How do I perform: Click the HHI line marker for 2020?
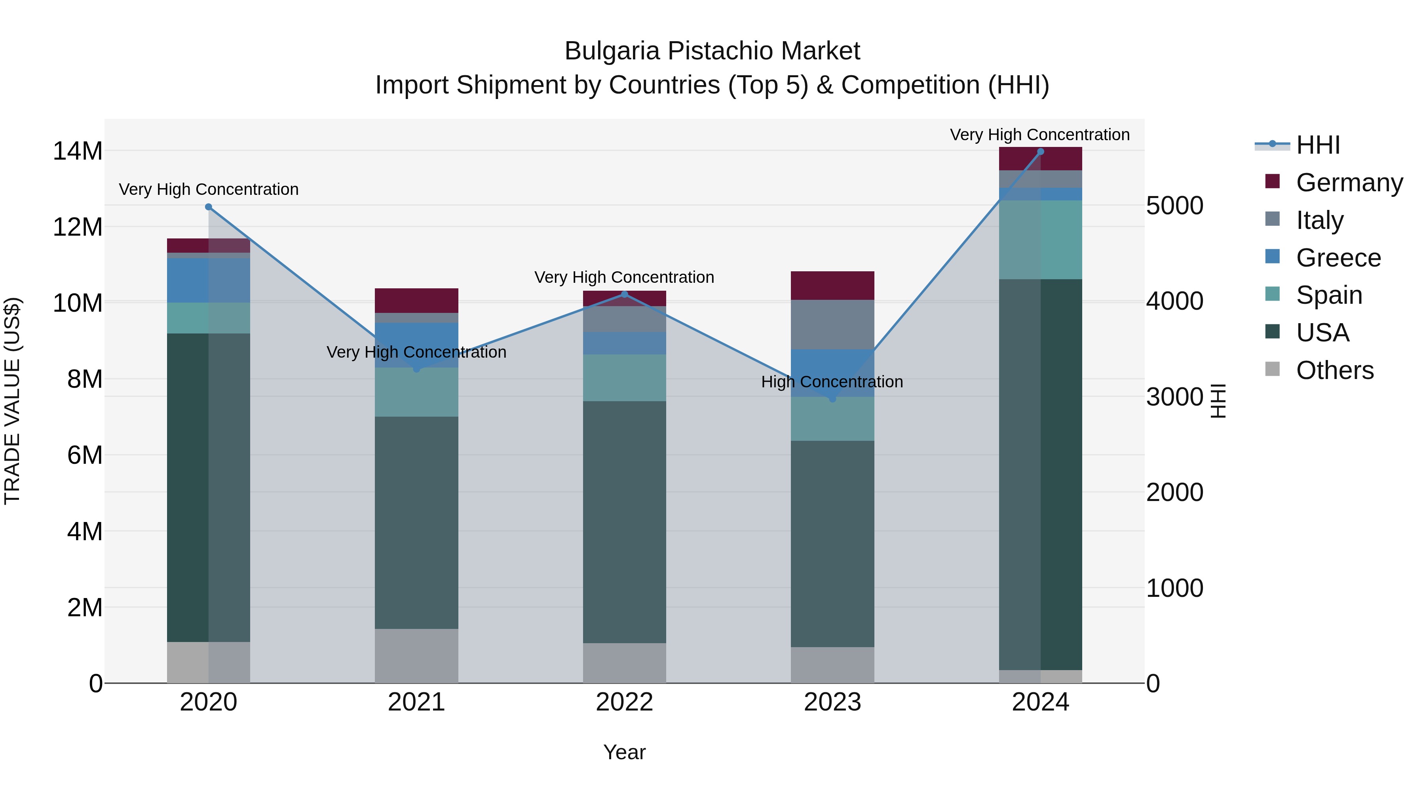(x=209, y=207)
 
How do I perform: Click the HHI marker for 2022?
(x=625, y=294)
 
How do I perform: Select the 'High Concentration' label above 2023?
(x=832, y=382)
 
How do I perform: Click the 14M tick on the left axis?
(x=78, y=151)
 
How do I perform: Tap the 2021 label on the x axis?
(x=416, y=702)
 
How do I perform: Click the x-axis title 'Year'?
(x=625, y=752)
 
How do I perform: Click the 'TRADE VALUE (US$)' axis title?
(x=12, y=401)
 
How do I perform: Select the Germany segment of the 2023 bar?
(x=832, y=286)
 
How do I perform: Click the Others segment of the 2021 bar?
(x=416, y=655)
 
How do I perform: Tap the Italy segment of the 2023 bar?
(x=832, y=324)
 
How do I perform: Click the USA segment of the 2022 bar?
(x=625, y=522)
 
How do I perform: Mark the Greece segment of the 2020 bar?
(x=209, y=281)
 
